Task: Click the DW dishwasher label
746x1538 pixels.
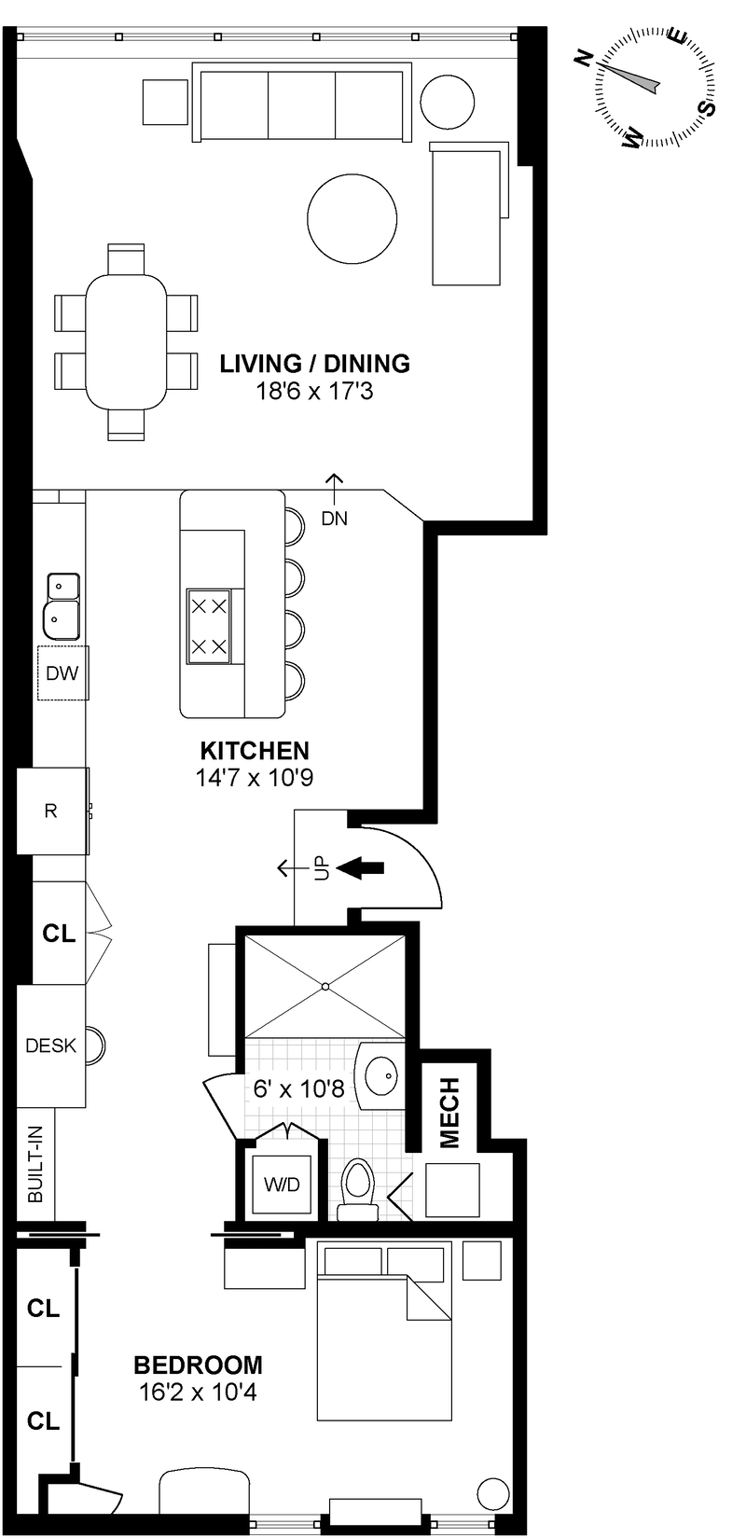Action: pyautogui.click(x=62, y=672)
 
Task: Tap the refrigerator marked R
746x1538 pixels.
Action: pyautogui.click(x=51, y=811)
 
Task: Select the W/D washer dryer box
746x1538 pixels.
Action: pyautogui.click(x=282, y=1185)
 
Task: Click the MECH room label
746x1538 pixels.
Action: pyautogui.click(x=449, y=1112)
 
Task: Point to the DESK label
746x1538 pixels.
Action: pyautogui.click(x=50, y=1046)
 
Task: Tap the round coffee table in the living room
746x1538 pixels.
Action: pyautogui.click(x=352, y=219)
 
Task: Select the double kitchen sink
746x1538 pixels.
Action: pyautogui.click(x=62, y=602)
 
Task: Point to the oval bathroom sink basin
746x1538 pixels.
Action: pyautogui.click(x=383, y=1077)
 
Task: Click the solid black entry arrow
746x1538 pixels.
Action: pyautogui.click(x=360, y=868)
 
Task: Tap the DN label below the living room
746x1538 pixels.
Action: pyautogui.click(x=334, y=519)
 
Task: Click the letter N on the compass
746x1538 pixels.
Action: pyautogui.click(x=585, y=59)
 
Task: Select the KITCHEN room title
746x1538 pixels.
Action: pyautogui.click(x=255, y=750)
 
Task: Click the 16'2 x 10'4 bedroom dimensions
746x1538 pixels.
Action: pyautogui.click(x=198, y=1393)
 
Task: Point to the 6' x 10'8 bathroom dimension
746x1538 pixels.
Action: pyautogui.click(x=299, y=1088)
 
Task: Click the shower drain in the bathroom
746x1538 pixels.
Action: pyautogui.click(x=325, y=986)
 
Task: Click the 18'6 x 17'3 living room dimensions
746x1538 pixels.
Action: pyautogui.click(x=314, y=391)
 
